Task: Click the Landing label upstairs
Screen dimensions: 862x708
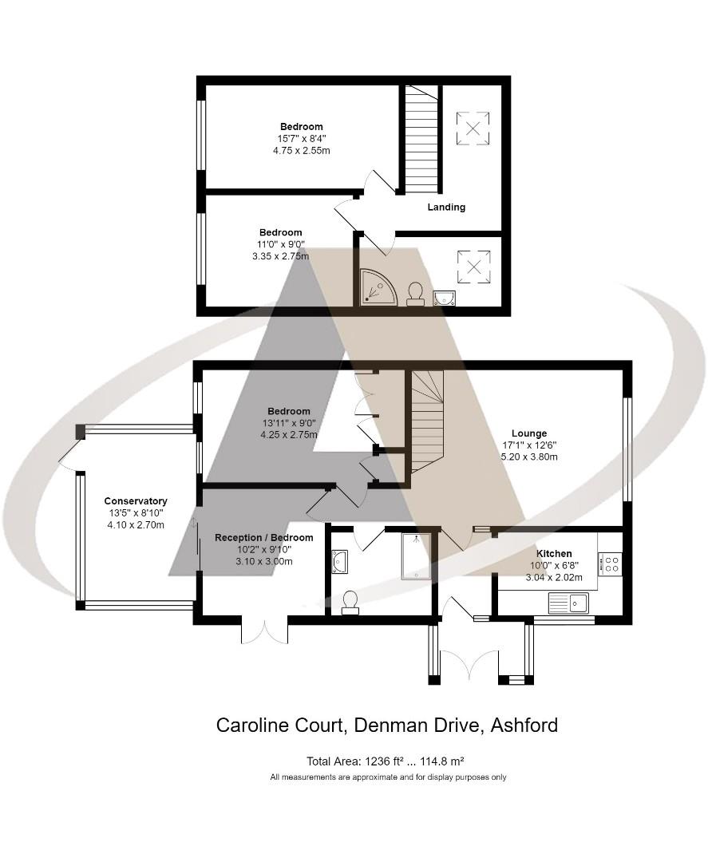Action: pos(446,207)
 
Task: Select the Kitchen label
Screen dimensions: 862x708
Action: pos(553,553)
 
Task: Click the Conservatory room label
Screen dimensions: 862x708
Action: pos(136,501)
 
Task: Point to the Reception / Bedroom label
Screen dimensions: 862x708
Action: pos(264,538)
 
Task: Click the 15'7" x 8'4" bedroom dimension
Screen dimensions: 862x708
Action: pos(301,138)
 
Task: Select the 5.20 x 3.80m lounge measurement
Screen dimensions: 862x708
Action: pos(528,457)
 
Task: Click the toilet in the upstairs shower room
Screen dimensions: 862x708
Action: pos(415,293)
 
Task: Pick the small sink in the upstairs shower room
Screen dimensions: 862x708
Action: pos(445,299)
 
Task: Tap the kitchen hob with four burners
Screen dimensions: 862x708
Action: pos(611,564)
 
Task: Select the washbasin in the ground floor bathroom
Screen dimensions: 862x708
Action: pos(338,561)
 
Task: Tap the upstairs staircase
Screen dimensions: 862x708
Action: pos(421,140)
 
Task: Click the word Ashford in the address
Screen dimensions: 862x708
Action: pos(524,726)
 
